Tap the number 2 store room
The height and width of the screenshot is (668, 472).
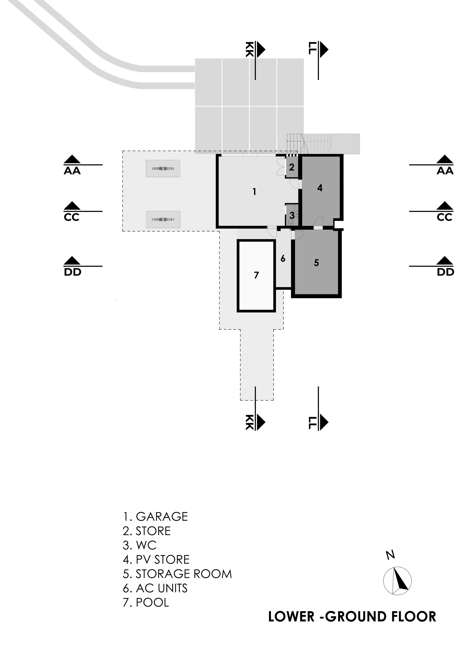coord(292,167)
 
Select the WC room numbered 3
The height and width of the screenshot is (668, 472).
coord(292,216)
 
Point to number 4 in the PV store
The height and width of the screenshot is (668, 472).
coord(320,188)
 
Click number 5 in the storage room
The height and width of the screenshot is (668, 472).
coord(316,263)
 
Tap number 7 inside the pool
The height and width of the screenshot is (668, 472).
coord(256,275)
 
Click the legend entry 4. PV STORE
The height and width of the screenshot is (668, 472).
coord(156,559)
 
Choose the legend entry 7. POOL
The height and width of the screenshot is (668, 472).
coord(146,602)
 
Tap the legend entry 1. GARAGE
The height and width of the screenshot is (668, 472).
coord(155,517)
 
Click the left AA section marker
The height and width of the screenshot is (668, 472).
coord(72,165)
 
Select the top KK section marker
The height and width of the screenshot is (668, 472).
coord(255,50)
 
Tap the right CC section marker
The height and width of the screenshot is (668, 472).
coord(445,211)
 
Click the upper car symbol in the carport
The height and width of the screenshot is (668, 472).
coord(163,168)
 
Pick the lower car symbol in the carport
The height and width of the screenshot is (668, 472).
coord(163,219)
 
